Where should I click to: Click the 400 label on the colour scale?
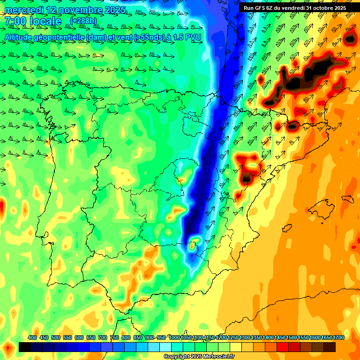32,337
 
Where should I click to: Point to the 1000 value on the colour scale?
174,337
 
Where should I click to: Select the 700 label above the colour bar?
103,337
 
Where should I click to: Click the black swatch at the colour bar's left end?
25,347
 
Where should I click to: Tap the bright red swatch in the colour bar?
283,347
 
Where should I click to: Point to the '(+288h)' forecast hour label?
83,21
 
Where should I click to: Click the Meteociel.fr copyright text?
199,357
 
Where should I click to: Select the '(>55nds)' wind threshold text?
139,37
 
